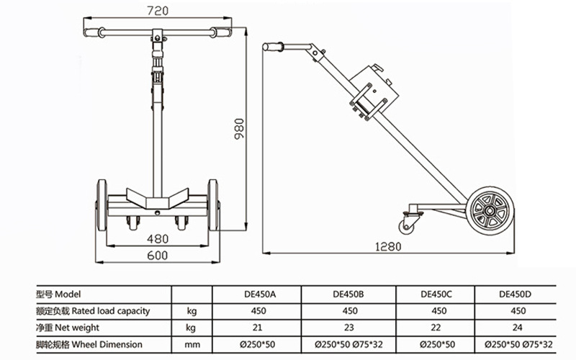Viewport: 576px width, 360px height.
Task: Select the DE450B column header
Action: coord(349,294)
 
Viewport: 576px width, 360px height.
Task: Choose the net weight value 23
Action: coord(349,328)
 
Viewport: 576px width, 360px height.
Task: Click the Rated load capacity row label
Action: coord(94,311)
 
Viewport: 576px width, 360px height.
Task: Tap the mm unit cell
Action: coord(191,345)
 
